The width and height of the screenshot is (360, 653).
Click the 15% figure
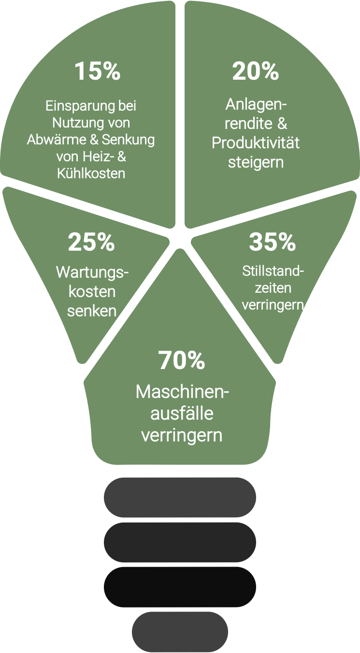(x=97, y=71)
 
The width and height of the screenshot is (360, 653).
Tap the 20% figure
(x=256, y=71)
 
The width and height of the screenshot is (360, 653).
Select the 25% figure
(x=91, y=242)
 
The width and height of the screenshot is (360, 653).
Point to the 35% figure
(x=272, y=242)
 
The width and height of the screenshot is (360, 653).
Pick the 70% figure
(x=181, y=360)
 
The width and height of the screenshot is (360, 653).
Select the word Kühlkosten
(x=91, y=173)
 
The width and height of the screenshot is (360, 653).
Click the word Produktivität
(x=256, y=143)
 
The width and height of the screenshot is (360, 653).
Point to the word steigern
(x=256, y=162)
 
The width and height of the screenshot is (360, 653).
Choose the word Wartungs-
(x=92, y=272)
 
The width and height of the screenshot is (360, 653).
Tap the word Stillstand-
(x=273, y=270)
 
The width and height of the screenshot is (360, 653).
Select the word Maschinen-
(x=182, y=392)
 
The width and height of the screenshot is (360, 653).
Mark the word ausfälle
(x=182, y=413)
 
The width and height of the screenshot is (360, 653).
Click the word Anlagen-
(x=256, y=104)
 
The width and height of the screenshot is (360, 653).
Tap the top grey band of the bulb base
(x=180, y=497)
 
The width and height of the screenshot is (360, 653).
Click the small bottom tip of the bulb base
(x=180, y=632)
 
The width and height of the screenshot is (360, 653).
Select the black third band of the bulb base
(x=180, y=586)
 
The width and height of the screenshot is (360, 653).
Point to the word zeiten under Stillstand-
(x=273, y=288)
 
